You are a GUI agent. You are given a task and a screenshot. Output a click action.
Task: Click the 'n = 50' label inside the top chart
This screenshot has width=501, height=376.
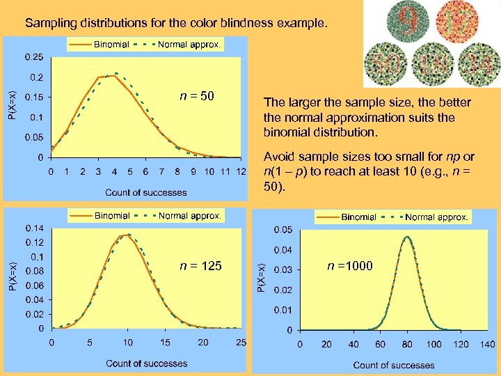[x=197, y=95]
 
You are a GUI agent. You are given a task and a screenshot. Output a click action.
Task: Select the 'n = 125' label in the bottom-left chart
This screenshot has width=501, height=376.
[x=200, y=265]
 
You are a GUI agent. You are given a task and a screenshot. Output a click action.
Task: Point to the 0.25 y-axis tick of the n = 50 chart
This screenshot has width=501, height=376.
[x=33, y=56]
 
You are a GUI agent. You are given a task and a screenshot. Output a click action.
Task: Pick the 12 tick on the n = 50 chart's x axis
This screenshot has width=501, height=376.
[x=241, y=171]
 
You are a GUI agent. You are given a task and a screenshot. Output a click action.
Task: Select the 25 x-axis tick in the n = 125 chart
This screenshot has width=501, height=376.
[x=241, y=343]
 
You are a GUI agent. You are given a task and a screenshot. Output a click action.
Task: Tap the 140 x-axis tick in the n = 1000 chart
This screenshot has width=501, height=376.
[x=487, y=344]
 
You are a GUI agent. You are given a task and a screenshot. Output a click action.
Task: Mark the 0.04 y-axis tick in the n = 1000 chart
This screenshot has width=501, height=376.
[x=282, y=249]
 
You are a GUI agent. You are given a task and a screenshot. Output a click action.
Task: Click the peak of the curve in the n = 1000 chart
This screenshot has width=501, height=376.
[x=406, y=237]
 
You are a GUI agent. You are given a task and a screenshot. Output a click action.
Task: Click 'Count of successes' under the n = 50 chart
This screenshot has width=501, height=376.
[x=146, y=192]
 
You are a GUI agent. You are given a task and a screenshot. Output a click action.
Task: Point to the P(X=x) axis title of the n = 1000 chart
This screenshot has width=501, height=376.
[x=260, y=277]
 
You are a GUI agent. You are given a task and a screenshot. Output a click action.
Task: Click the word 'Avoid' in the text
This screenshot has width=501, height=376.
[x=278, y=157]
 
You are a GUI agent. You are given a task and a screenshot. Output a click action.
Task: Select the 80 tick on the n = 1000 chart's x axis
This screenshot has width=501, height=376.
[x=407, y=344]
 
